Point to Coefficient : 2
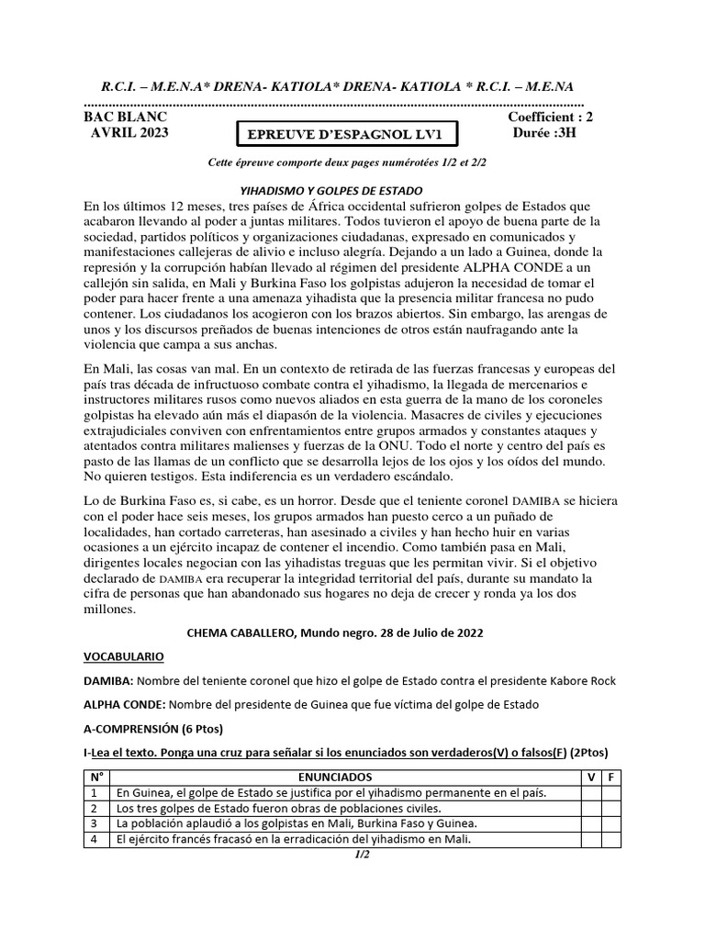(x=549, y=117)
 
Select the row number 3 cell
(x=94, y=823)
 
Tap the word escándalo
(x=415, y=476)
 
